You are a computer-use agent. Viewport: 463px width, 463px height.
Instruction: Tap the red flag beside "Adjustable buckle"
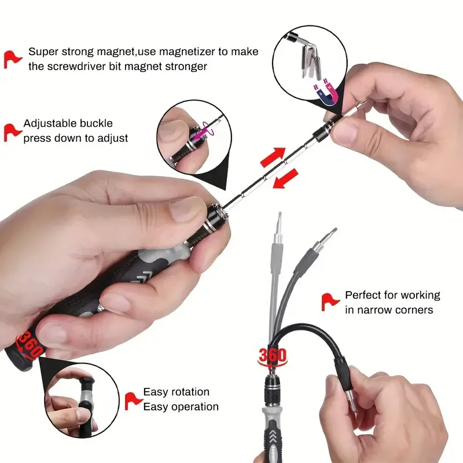12,133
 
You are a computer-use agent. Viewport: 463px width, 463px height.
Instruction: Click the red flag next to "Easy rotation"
133,401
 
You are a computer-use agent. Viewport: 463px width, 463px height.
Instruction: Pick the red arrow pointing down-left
285,178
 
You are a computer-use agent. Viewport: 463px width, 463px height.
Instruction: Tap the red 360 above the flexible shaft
272,355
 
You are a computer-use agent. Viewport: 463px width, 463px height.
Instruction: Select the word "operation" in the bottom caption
195,407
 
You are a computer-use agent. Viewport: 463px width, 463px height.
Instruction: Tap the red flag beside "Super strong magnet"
12,60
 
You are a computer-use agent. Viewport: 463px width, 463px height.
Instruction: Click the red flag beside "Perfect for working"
330,302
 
